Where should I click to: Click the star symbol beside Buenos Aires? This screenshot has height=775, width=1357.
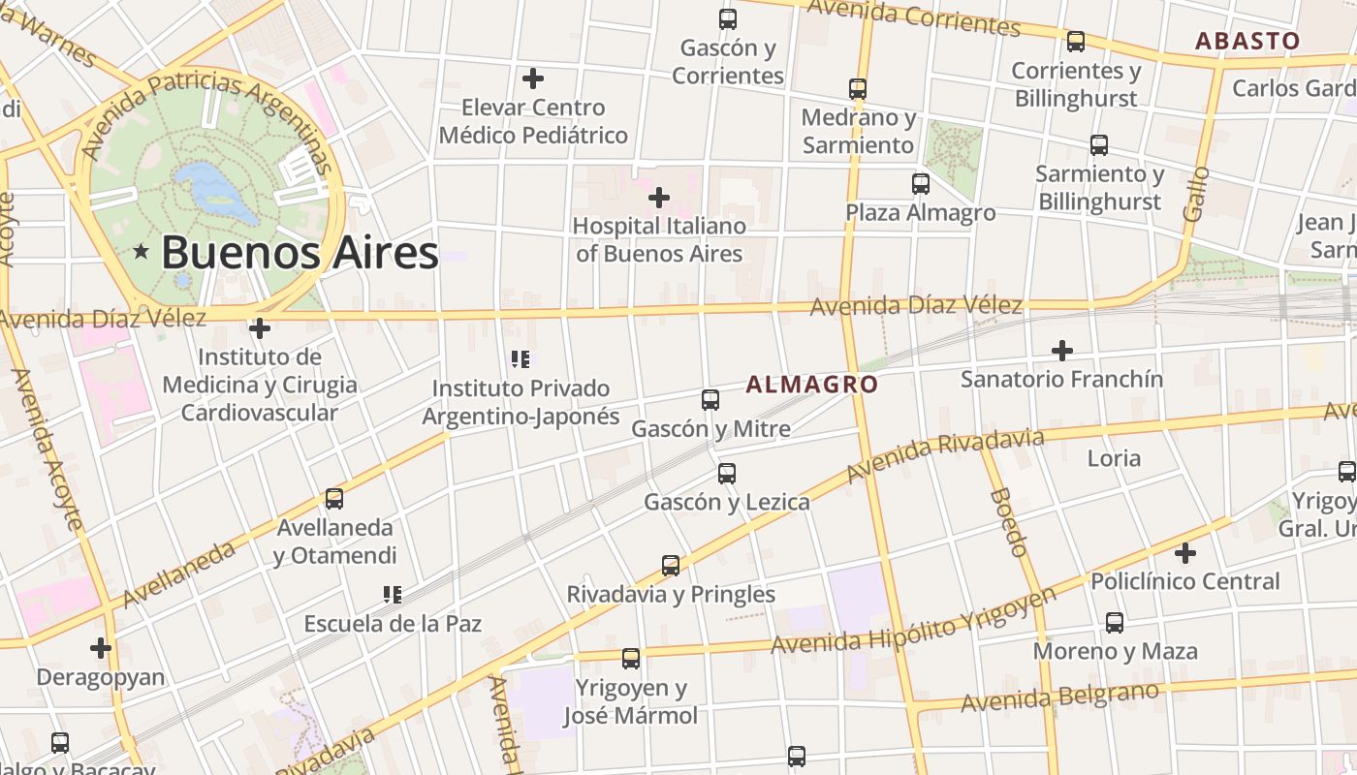click(142, 252)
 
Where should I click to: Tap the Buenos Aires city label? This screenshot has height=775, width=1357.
click(300, 252)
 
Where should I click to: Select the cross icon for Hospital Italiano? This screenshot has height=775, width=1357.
click(659, 198)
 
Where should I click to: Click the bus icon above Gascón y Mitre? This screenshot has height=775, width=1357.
click(710, 399)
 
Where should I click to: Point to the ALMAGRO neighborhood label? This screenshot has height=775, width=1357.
click(812, 385)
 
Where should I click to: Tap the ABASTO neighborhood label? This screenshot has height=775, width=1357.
click(1247, 41)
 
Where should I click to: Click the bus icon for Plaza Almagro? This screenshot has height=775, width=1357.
click(921, 183)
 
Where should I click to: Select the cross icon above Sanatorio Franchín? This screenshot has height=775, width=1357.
click(1062, 350)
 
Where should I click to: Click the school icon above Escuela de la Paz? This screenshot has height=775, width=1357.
click(393, 594)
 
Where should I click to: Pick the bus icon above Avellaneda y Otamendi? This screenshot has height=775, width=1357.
click(334, 499)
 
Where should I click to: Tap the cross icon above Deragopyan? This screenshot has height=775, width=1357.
click(101, 647)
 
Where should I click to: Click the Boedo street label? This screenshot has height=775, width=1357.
click(1009, 522)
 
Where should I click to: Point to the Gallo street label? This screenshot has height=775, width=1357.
click(1196, 194)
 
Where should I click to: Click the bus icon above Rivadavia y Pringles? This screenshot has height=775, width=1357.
click(671, 565)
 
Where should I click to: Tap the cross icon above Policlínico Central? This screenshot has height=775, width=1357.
click(1185, 553)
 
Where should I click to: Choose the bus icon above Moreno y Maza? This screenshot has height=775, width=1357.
click(1115, 623)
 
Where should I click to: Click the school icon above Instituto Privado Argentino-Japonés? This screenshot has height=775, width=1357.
click(521, 359)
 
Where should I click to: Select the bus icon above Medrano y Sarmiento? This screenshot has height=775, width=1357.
click(858, 89)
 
